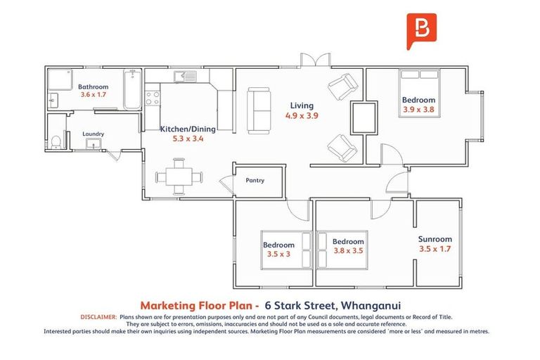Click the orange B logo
[x=422, y=30]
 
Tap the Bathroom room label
[x=93, y=86]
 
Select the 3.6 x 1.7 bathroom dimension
[x=93, y=94]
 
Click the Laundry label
[x=93, y=134]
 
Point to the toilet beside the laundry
[x=56, y=141]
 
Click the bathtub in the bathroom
[x=132, y=89]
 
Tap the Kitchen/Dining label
[x=188, y=129]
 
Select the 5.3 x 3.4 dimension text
[x=188, y=139]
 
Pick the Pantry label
[x=255, y=181]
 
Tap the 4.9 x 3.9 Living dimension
[x=302, y=115]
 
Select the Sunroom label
[x=435, y=239]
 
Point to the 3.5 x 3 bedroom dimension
[x=278, y=254]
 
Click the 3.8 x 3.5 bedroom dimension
[x=348, y=250]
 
